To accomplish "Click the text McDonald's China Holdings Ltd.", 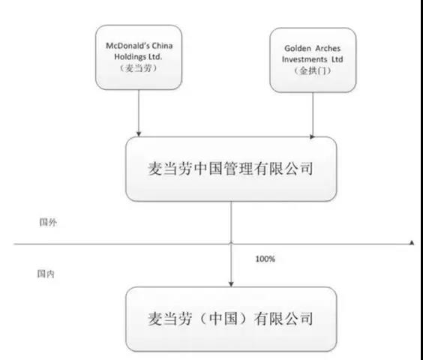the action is [139, 51].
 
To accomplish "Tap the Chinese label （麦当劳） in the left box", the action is [139, 68].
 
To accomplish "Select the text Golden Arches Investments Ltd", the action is [313, 54].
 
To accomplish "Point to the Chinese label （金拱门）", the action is [313, 70].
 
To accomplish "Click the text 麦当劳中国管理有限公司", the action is [231, 169].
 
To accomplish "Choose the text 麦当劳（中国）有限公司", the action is [231, 319].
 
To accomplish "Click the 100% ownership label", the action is [265, 259].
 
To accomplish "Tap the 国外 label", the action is [48, 222].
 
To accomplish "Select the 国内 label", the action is [46, 274].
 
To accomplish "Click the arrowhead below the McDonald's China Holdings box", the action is [139, 133].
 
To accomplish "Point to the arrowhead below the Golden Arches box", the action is [313, 136].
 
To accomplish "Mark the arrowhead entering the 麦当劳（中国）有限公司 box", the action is [231, 284].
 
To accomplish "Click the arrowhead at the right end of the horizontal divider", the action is [412, 242].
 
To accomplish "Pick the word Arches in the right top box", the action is [328, 49].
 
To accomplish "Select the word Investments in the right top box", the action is [304, 59].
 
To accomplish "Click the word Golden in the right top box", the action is [297, 49].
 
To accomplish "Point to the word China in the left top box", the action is [162, 46].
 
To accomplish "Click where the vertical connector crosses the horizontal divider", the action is [231, 244].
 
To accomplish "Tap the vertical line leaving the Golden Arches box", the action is [313, 113].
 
